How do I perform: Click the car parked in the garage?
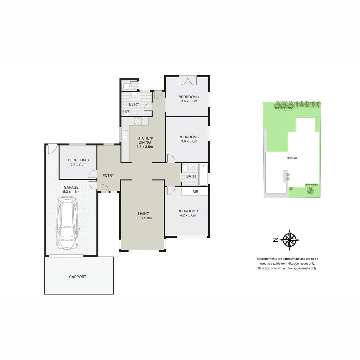click(67, 223)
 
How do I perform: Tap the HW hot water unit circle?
click(126, 111)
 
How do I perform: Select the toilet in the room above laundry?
click(126, 86)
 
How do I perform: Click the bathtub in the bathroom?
click(203, 175)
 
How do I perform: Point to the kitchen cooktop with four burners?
click(138, 121)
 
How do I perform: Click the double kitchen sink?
click(125, 136)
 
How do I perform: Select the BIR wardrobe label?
click(195, 192)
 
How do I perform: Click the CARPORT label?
click(77, 277)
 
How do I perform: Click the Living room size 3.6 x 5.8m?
click(144, 218)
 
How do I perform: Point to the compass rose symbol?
click(289, 240)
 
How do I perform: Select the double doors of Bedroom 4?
click(188, 80)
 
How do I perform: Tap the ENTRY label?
click(108, 176)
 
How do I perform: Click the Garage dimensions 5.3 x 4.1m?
click(71, 192)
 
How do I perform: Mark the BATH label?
click(191, 177)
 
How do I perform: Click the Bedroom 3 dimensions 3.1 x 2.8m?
click(78, 164)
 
